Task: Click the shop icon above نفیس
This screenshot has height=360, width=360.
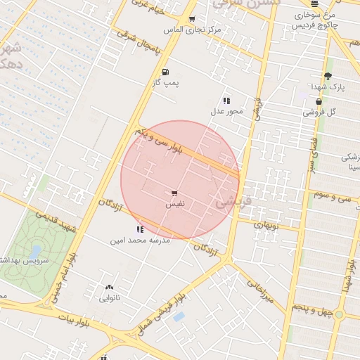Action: (174, 192)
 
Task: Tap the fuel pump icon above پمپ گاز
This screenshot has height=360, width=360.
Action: (165, 72)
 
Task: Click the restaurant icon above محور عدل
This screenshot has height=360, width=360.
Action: (226, 101)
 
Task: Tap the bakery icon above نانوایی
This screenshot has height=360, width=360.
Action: (108, 288)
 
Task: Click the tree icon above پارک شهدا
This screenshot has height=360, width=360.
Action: (327, 76)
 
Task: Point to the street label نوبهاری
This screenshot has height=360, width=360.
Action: (266, 226)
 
